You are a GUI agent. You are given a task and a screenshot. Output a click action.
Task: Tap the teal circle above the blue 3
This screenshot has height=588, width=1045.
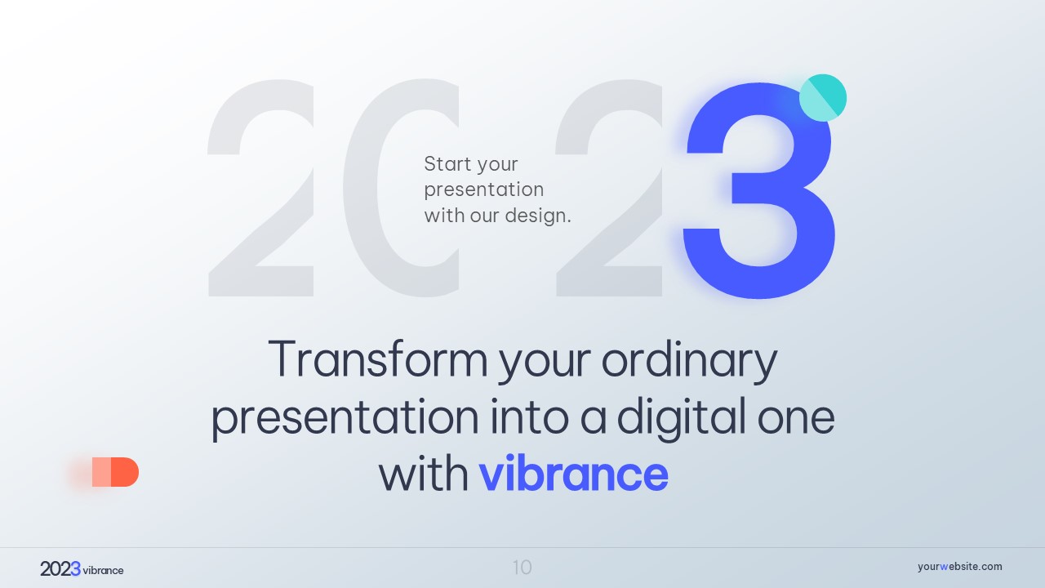[x=823, y=97]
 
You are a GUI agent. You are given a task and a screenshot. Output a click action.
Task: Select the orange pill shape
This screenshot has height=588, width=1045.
[x=115, y=472]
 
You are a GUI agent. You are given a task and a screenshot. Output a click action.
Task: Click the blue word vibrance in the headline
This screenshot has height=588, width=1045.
[x=574, y=474]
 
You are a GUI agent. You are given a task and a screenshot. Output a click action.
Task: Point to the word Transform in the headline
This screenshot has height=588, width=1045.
[x=378, y=359]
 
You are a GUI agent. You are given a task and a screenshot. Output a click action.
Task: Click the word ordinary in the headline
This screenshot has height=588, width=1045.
[x=690, y=362]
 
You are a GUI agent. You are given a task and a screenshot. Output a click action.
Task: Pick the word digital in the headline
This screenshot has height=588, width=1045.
[x=681, y=419]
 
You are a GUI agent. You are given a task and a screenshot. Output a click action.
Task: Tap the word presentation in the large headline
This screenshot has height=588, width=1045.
[x=345, y=419]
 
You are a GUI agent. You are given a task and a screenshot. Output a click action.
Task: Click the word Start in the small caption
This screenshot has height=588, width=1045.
[x=445, y=164]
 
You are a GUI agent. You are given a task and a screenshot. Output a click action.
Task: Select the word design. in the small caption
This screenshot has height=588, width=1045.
[x=538, y=215]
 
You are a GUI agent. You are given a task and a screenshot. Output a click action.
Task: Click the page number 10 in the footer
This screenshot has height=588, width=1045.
[x=522, y=568]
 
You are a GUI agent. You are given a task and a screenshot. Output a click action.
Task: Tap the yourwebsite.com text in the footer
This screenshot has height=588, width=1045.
[x=959, y=567]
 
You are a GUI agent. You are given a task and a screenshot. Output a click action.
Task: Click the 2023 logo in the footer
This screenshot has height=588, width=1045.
[x=60, y=569]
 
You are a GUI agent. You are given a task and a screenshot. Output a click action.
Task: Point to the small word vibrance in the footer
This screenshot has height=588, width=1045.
[x=103, y=570]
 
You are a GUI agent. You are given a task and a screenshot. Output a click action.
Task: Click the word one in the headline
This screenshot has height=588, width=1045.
[x=796, y=419]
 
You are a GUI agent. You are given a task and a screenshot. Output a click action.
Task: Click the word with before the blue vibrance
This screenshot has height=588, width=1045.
[x=424, y=474]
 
